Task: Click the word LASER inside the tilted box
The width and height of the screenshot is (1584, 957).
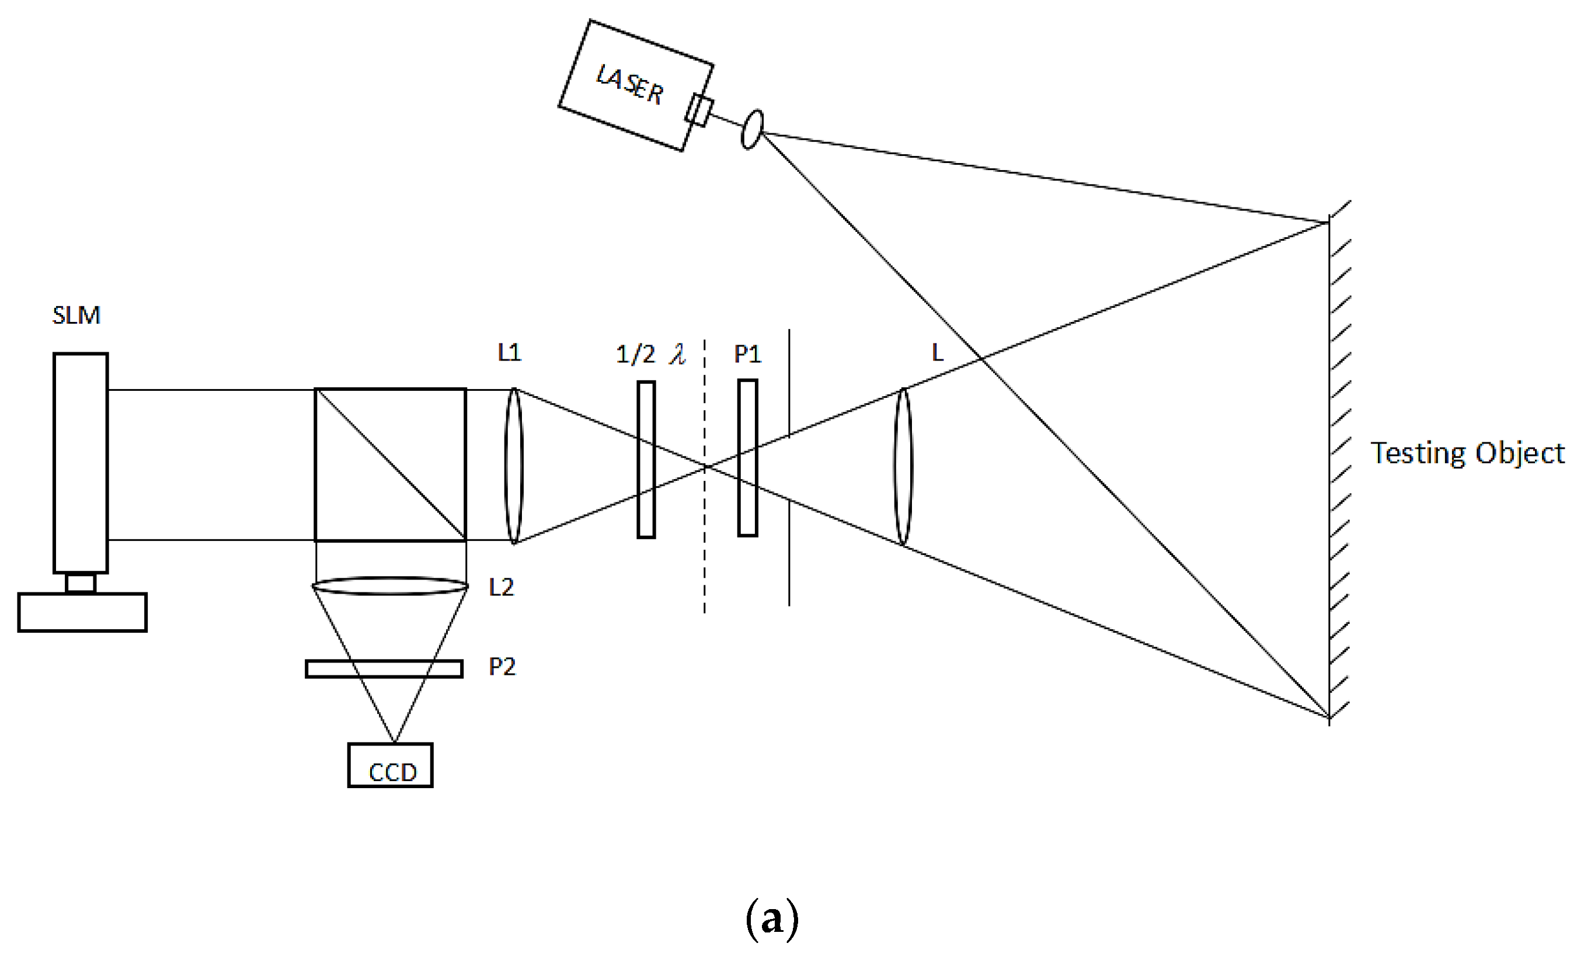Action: [x=629, y=84]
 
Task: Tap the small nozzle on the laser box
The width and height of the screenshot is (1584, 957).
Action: [x=699, y=110]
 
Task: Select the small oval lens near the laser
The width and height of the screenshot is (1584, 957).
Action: [x=752, y=130]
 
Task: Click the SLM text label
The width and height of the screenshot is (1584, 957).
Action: [x=76, y=315]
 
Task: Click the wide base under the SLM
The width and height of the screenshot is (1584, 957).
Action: [x=82, y=612]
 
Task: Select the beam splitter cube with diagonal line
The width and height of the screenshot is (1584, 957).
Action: [x=390, y=464]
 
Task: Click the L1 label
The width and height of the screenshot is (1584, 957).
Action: [x=509, y=352]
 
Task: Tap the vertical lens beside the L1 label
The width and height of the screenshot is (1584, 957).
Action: [x=514, y=466]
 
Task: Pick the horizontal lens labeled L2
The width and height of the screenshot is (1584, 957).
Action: [x=389, y=586]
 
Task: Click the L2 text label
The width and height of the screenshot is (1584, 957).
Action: [x=502, y=587]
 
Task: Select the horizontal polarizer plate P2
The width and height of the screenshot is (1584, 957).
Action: [x=384, y=669]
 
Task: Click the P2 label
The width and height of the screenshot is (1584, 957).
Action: [x=502, y=667]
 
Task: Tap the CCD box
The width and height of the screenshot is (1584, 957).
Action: [x=390, y=765]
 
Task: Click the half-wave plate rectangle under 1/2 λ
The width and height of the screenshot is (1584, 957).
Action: [x=646, y=460]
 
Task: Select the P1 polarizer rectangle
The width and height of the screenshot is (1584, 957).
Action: [x=748, y=458]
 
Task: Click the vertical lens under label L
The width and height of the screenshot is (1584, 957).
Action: [x=903, y=467]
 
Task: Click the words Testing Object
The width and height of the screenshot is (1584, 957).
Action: [x=1467, y=453]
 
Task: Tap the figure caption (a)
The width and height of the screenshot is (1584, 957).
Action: [x=772, y=918]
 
